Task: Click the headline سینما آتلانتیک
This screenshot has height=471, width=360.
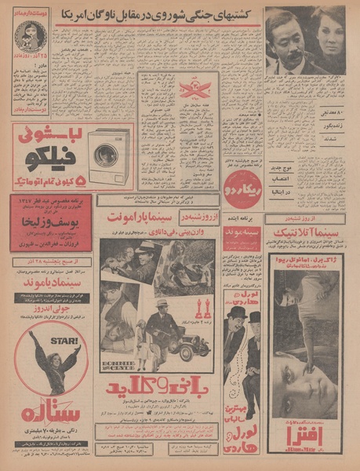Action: tap(301, 228)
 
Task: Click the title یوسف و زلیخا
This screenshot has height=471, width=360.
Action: tap(50, 238)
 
